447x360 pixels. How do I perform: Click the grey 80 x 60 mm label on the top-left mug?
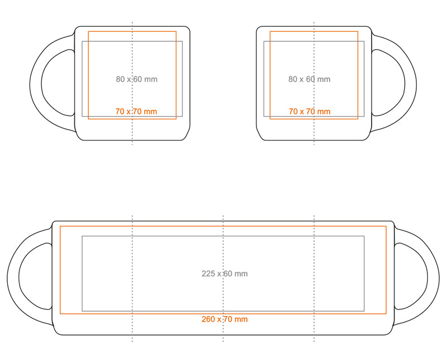click(x=136, y=79)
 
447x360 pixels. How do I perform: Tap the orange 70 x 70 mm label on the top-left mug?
click(x=136, y=112)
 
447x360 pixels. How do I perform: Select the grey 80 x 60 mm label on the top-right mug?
click(x=310, y=79)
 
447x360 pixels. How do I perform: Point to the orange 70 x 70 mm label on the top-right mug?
click(x=310, y=112)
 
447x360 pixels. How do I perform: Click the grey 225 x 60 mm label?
click(x=225, y=273)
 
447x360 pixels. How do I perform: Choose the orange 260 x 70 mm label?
click(x=225, y=319)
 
